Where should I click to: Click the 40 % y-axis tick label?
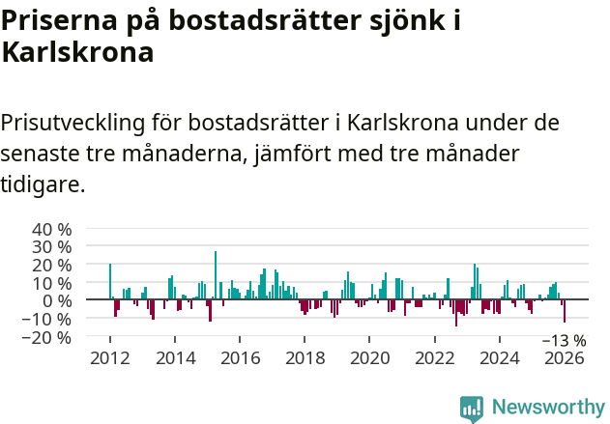[x=52, y=230]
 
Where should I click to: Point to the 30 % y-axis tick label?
[x=52, y=247]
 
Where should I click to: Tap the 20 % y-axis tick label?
[x=52, y=265]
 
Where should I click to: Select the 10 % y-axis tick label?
[x=52, y=283]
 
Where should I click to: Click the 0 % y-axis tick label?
[x=57, y=300]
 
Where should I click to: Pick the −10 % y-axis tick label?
[x=48, y=319]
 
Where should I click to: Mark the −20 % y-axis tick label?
[x=48, y=337]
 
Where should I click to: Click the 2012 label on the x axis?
[x=109, y=358]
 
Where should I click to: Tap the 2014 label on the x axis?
[x=175, y=358]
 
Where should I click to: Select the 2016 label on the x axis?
[x=240, y=358]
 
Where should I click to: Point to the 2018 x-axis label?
[x=305, y=358]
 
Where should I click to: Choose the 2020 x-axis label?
[x=369, y=358]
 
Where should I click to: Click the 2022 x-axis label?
[x=435, y=358]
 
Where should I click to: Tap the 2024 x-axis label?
[x=500, y=358]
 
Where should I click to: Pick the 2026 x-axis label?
[x=565, y=358]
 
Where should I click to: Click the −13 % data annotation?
[x=564, y=340]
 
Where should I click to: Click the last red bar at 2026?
[x=565, y=311]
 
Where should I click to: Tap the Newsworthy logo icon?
[x=472, y=408]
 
